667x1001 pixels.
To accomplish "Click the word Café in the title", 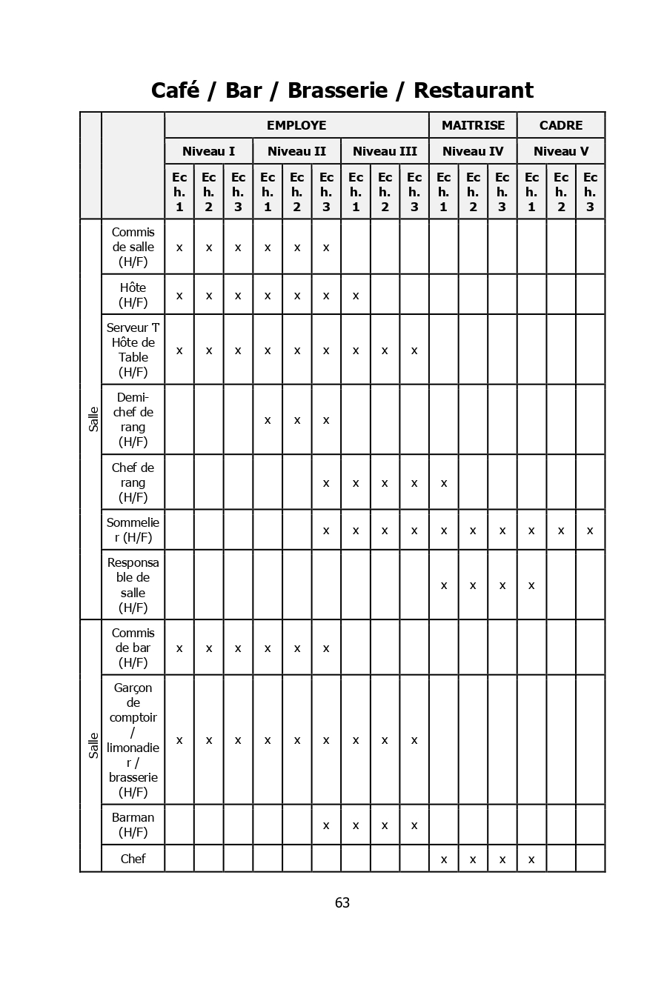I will coord(175,90).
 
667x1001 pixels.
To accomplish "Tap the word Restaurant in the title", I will coord(473,90).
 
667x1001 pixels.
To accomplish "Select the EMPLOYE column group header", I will coord(296,125).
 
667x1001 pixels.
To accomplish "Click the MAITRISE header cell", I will coord(473,125).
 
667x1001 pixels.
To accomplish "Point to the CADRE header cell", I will coord(561,125).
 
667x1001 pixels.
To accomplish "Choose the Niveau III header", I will coord(385,151).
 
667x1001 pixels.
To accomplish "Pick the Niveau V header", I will coord(561,151).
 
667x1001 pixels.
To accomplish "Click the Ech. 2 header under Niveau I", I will coord(208,191).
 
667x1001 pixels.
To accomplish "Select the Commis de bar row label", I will coord(133,648).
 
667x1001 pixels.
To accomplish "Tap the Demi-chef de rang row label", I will coord(133,419).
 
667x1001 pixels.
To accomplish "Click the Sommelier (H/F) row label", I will coord(133,530).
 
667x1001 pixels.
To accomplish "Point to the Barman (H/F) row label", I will coord(133,825).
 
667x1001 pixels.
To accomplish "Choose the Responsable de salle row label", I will coord(133,585).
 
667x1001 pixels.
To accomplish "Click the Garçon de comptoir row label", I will coord(133,739).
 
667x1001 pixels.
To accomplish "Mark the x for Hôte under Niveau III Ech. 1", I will coord(356,296).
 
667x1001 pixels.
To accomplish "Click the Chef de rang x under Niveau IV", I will coord(444,483).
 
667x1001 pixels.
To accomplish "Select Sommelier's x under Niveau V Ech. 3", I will coord(590,531).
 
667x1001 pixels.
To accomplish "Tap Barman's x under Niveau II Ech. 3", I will coord(326,825).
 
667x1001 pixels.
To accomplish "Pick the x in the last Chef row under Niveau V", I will coord(531,859).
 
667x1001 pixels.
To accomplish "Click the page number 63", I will coord(342,902).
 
